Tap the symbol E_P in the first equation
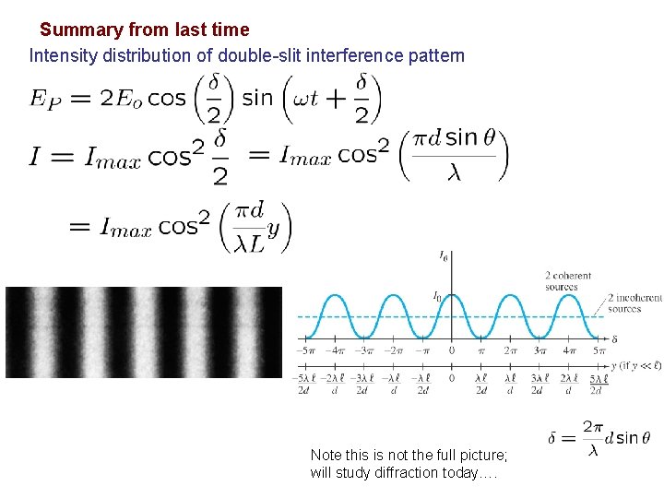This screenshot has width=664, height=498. click(x=47, y=98)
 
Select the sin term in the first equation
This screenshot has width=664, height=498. click(x=257, y=97)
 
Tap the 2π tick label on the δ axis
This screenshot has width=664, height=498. click(x=510, y=350)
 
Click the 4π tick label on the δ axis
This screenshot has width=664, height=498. click(x=569, y=350)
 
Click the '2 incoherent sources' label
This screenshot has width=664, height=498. click(x=634, y=303)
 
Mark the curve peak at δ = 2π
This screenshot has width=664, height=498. click(x=510, y=296)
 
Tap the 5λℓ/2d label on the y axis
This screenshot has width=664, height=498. click(x=597, y=385)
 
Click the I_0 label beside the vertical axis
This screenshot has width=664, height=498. click(x=438, y=296)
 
